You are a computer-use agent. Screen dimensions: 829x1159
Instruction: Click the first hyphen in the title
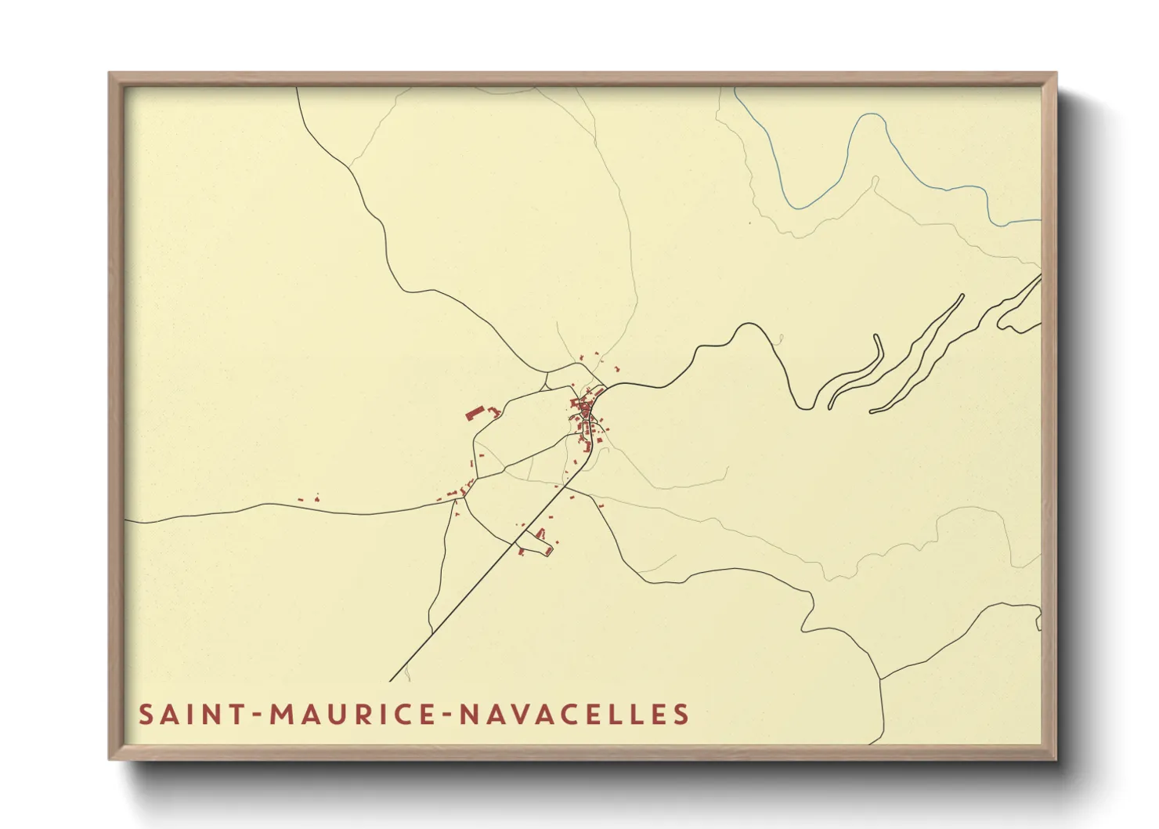click(256, 715)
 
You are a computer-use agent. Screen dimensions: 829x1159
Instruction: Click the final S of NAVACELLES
click(681, 715)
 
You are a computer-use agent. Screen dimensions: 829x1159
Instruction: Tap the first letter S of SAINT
click(146, 715)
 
